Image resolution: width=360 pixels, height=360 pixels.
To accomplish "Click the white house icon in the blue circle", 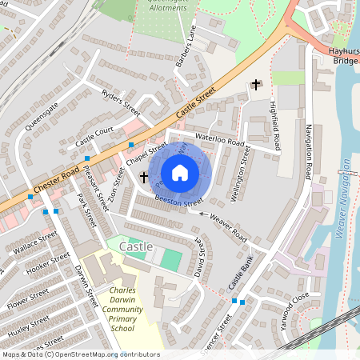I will pyautogui.click(x=180, y=173).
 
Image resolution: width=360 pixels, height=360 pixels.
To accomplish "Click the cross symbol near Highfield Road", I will pyautogui.click(x=256, y=84).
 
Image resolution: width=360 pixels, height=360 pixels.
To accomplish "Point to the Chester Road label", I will pyautogui.click(x=55, y=182).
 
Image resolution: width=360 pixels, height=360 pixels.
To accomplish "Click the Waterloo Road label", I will pyautogui.click(x=218, y=140).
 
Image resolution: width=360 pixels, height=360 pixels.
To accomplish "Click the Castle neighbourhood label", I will pyautogui.click(x=135, y=247).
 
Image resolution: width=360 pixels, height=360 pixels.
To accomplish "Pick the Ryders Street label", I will pyautogui.click(x=122, y=101).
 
